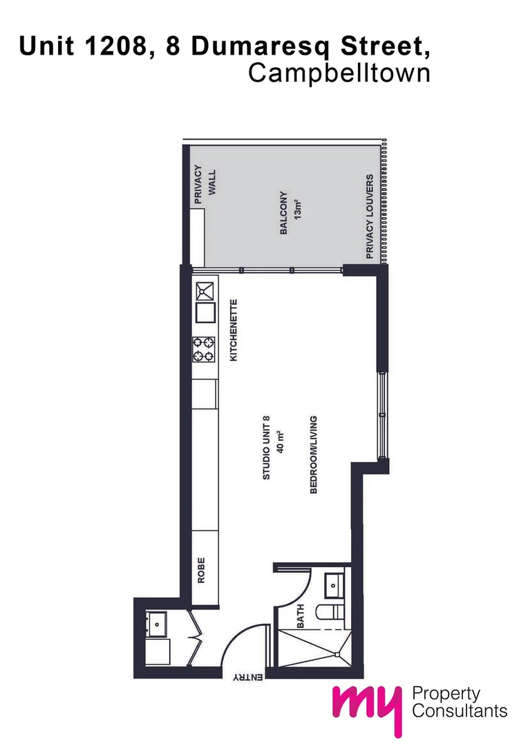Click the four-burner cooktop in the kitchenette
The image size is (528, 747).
point(204,349)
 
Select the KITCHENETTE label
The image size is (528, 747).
point(234,331)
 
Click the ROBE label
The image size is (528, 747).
point(202,571)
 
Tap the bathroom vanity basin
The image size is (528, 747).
point(334,584)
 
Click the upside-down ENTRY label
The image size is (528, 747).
point(246,679)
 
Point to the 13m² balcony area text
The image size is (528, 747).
point(299,207)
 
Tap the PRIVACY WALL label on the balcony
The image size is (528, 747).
point(205,184)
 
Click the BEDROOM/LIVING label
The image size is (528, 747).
point(313,454)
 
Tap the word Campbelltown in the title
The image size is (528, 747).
point(339,73)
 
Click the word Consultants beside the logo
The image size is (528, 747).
point(459,711)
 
